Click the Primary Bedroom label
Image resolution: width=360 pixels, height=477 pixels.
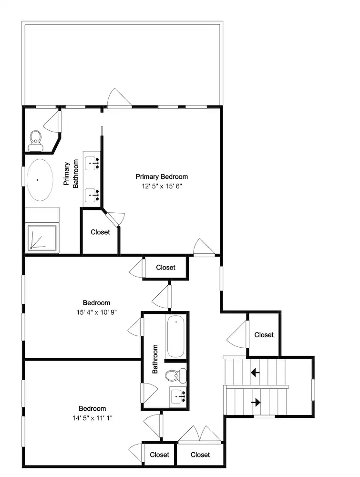coord(162,176)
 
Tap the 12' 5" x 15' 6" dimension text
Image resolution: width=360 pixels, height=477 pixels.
coord(162,186)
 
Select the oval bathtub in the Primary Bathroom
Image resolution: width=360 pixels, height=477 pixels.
coord(40,179)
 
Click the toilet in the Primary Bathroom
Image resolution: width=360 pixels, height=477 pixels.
coord(36,141)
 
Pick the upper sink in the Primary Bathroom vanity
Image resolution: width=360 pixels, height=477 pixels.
coord(92,163)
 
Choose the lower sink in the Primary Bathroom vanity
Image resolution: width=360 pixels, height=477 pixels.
coord(92,195)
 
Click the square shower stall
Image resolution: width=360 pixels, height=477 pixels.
coord(42,238)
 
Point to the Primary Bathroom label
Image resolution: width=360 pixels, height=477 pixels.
coord(71,174)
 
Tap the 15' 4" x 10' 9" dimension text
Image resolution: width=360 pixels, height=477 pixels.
coord(96,312)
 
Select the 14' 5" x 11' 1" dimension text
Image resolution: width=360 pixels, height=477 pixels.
coord(92,418)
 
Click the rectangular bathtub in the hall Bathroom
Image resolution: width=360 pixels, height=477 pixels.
coord(175,336)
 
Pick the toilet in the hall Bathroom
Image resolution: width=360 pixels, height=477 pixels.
coord(176,375)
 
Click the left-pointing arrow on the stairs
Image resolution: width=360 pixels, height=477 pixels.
coord(255,372)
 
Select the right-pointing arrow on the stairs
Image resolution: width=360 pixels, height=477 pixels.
coord(256,403)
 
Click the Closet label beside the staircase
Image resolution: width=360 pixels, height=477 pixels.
coord(264,335)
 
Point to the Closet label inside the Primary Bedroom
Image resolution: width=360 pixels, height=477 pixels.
coord(100,232)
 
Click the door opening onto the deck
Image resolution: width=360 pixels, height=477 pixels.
coord(120,98)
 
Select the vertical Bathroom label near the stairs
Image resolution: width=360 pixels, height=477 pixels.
coord(155,359)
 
